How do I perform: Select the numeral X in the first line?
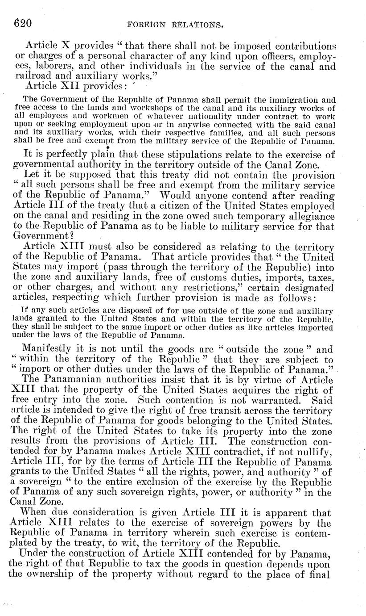[66, 46]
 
